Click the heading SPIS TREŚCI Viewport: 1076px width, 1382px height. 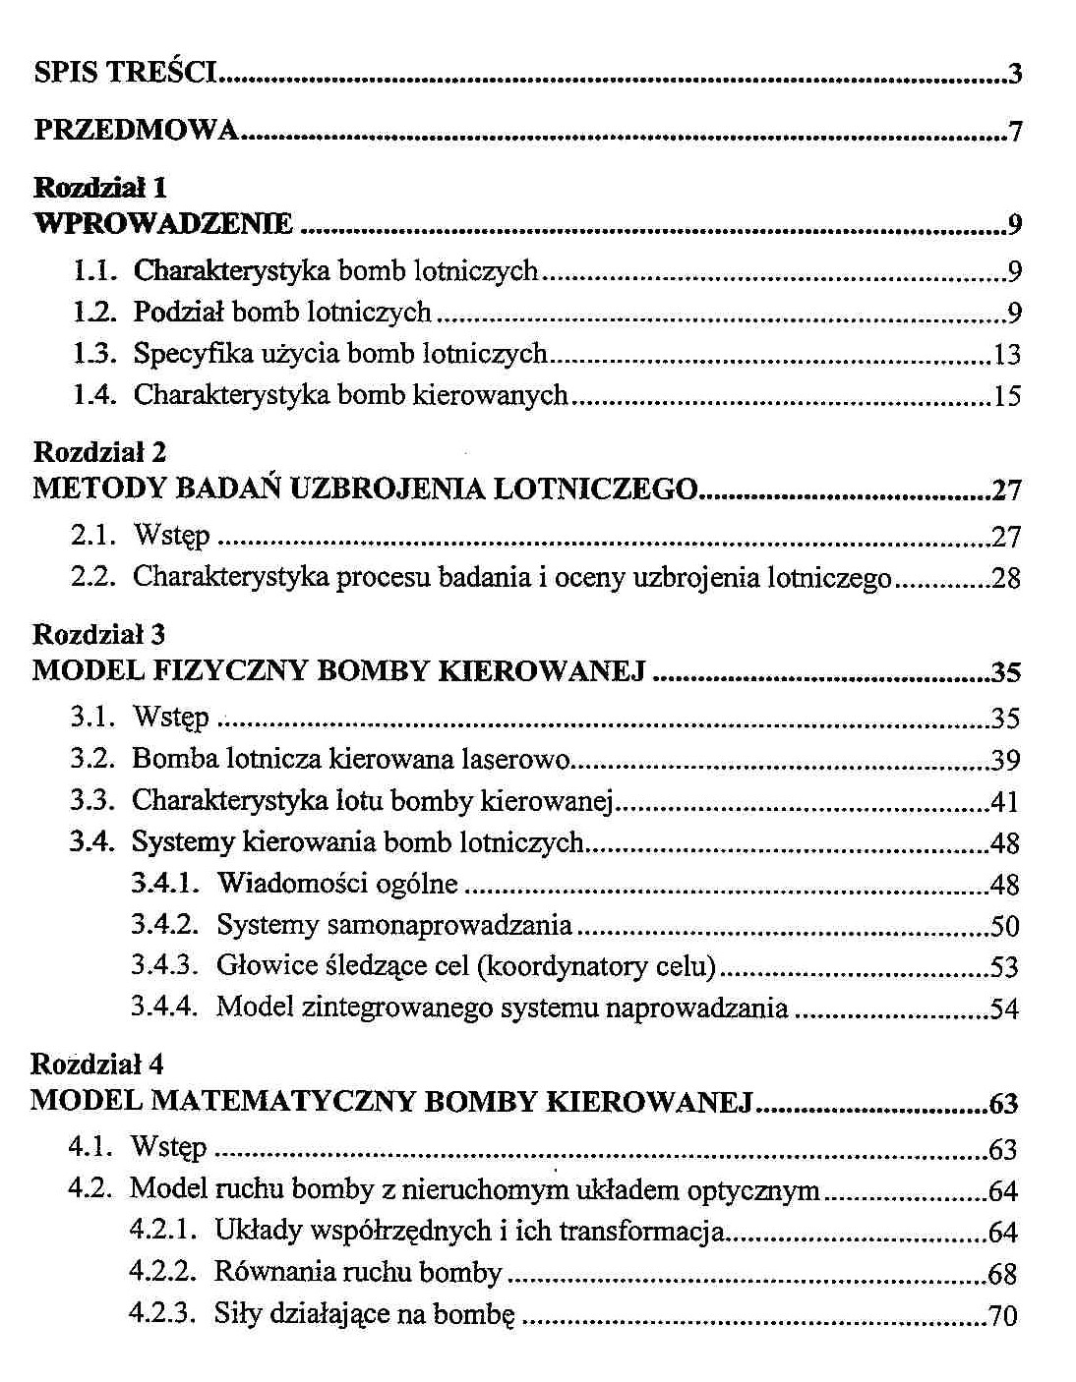click(x=125, y=72)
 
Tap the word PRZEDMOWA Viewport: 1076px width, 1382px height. click(x=136, y=130)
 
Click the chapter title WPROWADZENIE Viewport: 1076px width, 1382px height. click(x=163, y=224)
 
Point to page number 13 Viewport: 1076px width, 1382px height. click(x=1007, y=354)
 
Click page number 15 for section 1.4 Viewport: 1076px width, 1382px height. click(x=1007, y=395)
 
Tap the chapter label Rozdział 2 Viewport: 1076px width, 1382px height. click(x=99, y=452)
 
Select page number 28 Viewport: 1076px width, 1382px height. click(x=1006, y=578)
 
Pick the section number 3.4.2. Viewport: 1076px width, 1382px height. click(x=164, y=925)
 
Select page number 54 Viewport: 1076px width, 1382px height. click(x=1004, y=1008)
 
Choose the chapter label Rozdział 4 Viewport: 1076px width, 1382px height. click(x=97, y=1065)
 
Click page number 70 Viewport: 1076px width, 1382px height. click(x=1003, y=1315)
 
